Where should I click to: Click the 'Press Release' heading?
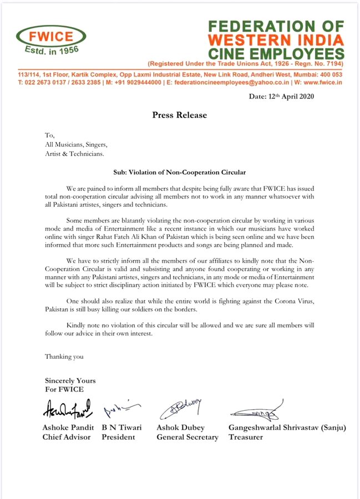[180, 115]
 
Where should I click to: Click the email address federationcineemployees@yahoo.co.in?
[223, 82]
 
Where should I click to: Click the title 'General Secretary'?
[187, 437]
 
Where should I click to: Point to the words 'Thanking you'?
[64, 357]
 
